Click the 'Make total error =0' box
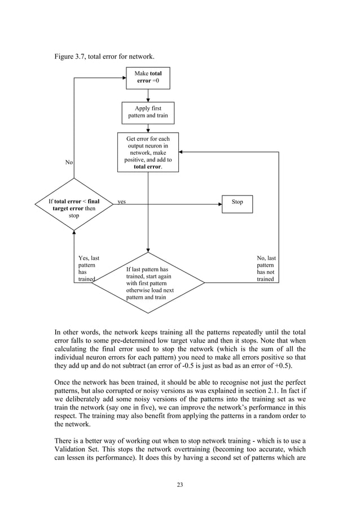point(147,77)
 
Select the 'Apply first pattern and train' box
point(147,112)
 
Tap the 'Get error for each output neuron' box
point(148,152)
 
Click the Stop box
point(237,202)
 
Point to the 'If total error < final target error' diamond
point(74,204)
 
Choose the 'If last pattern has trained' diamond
point(148,283)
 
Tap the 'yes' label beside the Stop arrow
point(121,202)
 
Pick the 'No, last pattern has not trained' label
point(266,269)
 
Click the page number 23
point(179,484)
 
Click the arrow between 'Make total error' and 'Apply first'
point(147,96)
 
